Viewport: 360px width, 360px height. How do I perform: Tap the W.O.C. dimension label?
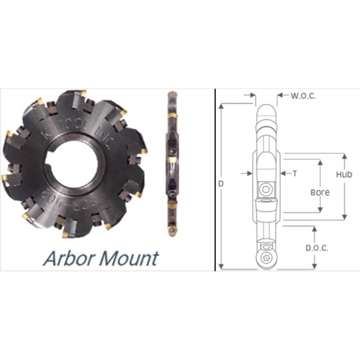coord(302,96)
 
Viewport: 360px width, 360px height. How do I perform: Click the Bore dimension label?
coord(320,193)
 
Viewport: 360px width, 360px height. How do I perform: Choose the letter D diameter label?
coord(221,184)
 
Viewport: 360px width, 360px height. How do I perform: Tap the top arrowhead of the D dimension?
coord(221,105)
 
